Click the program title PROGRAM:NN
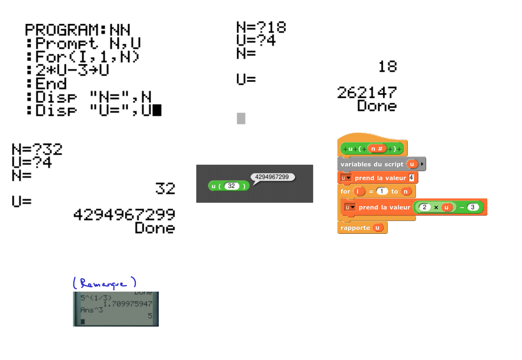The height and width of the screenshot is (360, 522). point(78,30)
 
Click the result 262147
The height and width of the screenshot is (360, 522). point(367,93)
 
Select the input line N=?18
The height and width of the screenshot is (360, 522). point(261,27)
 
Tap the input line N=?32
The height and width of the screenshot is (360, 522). point(37,149)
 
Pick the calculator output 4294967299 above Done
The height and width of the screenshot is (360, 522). point(124,214)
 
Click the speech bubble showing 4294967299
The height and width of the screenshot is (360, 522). point(272,177)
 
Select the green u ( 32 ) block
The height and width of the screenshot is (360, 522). point(228,186)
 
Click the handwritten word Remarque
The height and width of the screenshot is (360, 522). point(104,283)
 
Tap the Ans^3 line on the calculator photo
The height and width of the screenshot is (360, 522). point(92,310)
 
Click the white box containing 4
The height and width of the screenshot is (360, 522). point(411,178)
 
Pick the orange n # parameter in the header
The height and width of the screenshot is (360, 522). point(377,149)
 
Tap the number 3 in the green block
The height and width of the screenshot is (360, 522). point(473,207)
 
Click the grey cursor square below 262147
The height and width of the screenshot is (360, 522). point(241,118)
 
